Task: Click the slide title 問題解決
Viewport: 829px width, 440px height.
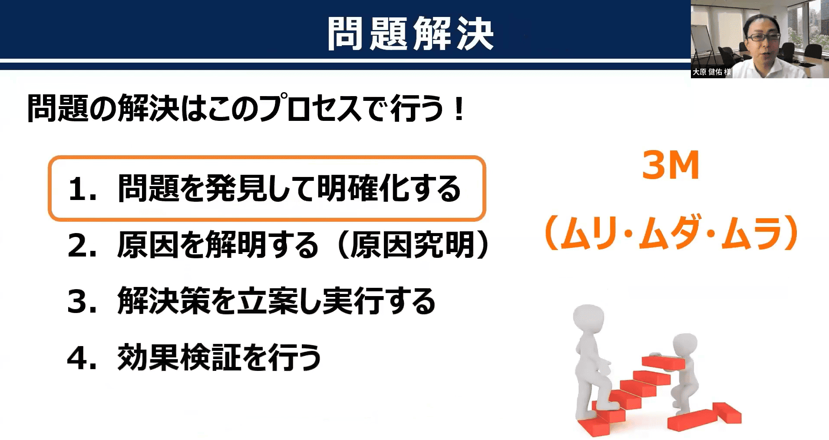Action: [410, 34]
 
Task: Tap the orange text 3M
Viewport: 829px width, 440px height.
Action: [671, 165]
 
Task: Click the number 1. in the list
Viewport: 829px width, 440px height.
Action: [83, 189]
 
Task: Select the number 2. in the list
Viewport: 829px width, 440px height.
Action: [83, 246]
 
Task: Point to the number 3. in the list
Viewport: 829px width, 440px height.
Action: [83, 302]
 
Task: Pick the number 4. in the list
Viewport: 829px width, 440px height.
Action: [83, 358]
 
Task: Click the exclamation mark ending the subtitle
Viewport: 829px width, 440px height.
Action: [458, 109]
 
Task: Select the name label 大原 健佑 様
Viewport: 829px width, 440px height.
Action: [711, 72]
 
